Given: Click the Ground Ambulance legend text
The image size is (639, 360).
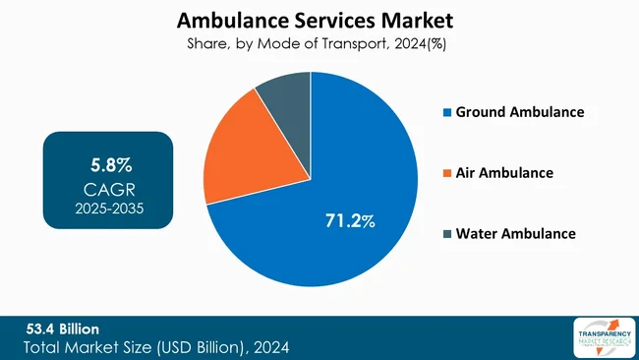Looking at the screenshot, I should coord(520,112).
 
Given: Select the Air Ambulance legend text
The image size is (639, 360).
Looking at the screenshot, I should coord(504,173).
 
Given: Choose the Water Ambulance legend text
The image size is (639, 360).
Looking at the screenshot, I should coord(515,233).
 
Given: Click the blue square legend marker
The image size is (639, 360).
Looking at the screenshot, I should coord(447,113).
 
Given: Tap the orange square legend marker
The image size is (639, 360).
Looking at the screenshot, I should coord(447,173).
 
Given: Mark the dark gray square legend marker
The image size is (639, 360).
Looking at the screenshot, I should coord(447,234).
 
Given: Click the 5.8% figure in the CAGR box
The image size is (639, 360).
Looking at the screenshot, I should coord(110,161).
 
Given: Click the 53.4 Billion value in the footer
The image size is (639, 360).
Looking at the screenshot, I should coord(61,328).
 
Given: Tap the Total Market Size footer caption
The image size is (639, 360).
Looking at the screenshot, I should coord(157,347).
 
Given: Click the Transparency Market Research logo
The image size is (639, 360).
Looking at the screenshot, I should coord(600,337).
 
